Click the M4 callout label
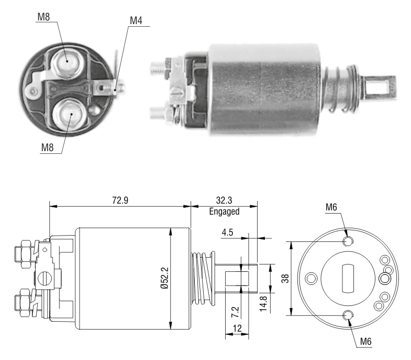point(136,20)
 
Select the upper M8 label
point(43,17)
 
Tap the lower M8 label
point(48,147)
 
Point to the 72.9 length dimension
point(120,200)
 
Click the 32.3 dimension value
point(224,200)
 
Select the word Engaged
point(225,211)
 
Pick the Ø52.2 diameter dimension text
point(165,278)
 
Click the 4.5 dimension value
point(227,232)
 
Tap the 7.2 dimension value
point(235,312)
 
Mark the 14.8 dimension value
point(263,304)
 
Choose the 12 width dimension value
point(237,328)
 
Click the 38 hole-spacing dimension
point(285,278)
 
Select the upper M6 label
point(331,207)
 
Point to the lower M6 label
point(365,341)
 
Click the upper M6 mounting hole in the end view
point(348,241)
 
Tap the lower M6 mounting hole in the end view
point(348,315)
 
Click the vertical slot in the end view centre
point(348,278)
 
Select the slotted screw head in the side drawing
point(45,279)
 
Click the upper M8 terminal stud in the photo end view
point(66,62)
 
